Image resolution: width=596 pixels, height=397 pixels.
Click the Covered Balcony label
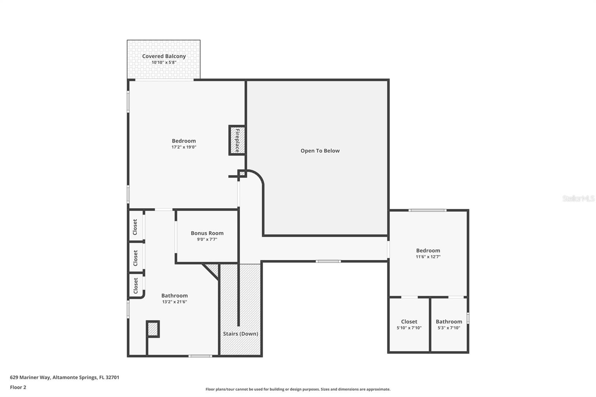pyautogui.click(x=164, y=56)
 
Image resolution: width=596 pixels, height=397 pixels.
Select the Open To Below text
pyautogui.click(x=320, y=151)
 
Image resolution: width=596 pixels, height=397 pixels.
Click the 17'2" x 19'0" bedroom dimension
pyautogui.click(x=184, y=147)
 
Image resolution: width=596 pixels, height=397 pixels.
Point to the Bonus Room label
pyautogui.click(x=207, y=233)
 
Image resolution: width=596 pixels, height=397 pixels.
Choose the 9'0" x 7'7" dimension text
pyautogui.click(x=207, y=239)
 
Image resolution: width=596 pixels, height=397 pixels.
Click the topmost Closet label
pyautogui.click(x=135, y=227)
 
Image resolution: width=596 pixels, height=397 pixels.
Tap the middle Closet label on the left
pyautogui.click(x=135, y=258)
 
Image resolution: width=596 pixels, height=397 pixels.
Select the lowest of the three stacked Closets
pyautogui.click(x=136, y=286)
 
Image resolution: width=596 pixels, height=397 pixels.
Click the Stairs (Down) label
pyautogui.click(x=240, y=334)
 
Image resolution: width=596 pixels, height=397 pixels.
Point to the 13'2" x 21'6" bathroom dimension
pyautogui.click(x=174, y=302)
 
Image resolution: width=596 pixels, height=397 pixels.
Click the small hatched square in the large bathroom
pyautogui.click(x=153, y=329)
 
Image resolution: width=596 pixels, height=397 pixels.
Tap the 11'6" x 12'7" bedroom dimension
pyautogui.click(x=428, y=257)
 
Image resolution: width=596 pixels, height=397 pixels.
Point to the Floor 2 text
pyautogui.click(x=18, y=387)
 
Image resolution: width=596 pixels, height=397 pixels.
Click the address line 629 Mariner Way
pyautogui.click(x=64, y=377)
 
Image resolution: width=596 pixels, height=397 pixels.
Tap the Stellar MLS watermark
pyautogui.click(x=578, y=198)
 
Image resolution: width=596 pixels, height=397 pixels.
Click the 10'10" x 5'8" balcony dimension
pyautogui.click(x=164, y=63)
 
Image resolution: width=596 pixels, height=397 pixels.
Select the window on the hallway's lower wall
pyautogui.click(x=328, y=261)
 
